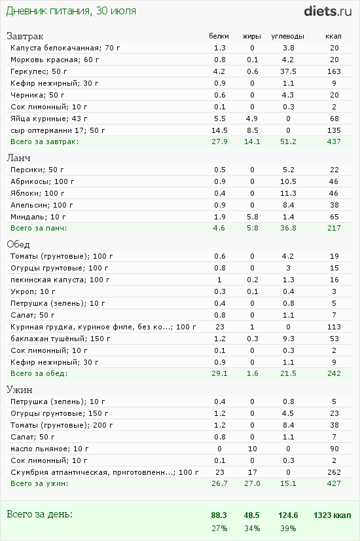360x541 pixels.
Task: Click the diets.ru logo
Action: [x=327, y=11]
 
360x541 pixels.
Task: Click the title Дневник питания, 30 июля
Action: [x=71, y=11]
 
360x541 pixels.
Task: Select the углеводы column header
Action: [x=287, y=36]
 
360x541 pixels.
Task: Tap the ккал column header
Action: [x=333, y=36]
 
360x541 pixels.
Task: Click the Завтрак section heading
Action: [x=25, y=36]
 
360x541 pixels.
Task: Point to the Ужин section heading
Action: [x=20, y=390]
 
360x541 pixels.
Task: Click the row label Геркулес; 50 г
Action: [x=39, y=71]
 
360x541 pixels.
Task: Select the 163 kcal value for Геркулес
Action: [x=334, y=71]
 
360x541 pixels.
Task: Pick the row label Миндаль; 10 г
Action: [x=38, y=217]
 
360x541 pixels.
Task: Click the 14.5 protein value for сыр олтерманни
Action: [x=219, y=130]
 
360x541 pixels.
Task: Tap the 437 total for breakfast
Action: [x=334, y=141]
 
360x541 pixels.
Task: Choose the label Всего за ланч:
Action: [x=39, y=228]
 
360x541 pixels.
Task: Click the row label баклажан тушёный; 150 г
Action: [x=60, y=339]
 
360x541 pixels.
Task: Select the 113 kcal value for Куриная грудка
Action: [x=334, y=327]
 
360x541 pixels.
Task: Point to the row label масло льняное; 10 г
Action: [x=49, y=449]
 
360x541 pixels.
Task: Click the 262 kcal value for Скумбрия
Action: [x=334, y=472]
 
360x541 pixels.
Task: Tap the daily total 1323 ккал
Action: [x=332, y=515]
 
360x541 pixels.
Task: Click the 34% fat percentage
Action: [x=252, y=529]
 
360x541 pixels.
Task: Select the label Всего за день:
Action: [x=40, y=514]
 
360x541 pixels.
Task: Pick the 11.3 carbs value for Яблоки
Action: [x=288, y=193]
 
